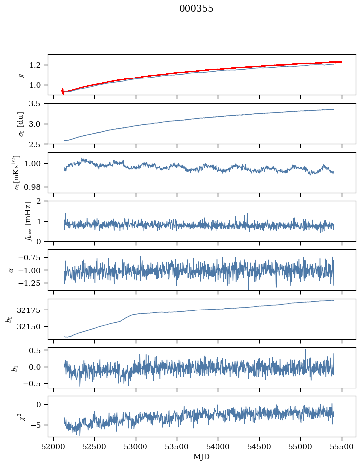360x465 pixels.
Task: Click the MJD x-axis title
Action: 202,456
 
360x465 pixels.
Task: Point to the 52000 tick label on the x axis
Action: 54,446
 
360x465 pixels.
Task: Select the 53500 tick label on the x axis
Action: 177,446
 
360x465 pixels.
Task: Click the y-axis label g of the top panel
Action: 21,75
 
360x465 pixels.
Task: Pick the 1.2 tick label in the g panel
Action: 38,65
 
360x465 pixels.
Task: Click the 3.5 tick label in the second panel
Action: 38,103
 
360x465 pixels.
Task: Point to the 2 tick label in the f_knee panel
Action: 42,201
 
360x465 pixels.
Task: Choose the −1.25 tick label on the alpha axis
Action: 32,283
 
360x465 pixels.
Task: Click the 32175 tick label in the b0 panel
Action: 32,310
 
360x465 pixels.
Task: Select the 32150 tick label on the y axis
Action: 32,327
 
